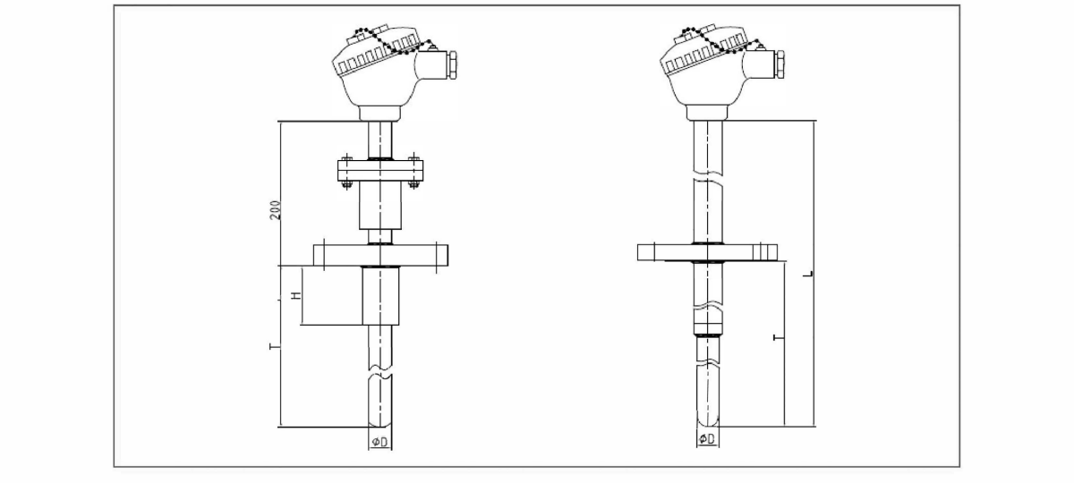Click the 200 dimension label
pyautogui.click(x=276, y=210)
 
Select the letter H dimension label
pyautogui.click(x=297, y=295)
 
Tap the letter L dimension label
pyautogui.click(x=808, y=274)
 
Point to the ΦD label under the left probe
pyautogui.click(x=379, y=442)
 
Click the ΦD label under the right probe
pyautogui.click(x=707, y=439)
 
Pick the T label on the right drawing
pyautogui.click(x=779, y=338)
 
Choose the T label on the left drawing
pyautogui.click(x=275, y=346)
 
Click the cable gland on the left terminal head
pyautogui.click(x=451, y=64)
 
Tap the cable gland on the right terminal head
pyautogui.click(x=780, y=64)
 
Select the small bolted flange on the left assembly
pyautogui.click(x=380, y=171)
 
